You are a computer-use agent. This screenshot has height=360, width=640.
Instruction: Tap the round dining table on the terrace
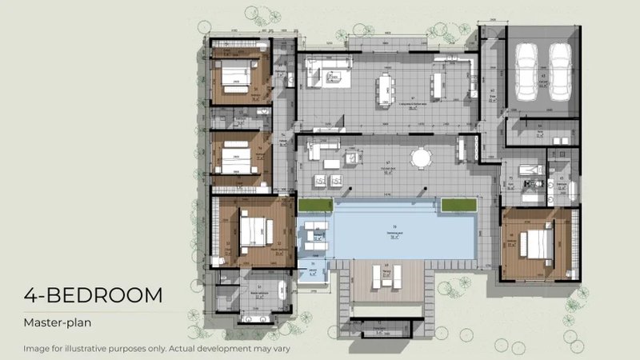coord(421,157)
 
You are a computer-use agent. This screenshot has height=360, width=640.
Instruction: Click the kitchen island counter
coord(438,83)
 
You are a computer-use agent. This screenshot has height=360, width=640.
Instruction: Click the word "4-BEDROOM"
coord(93,295)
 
